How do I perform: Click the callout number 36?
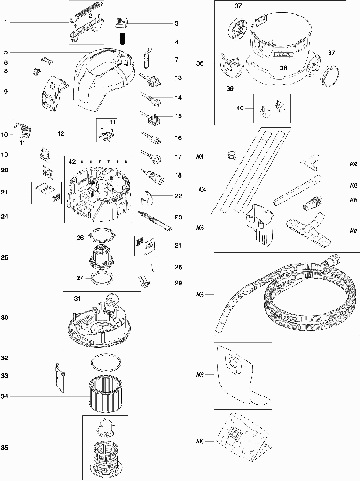coord(200,63)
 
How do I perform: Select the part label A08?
coord(200,295)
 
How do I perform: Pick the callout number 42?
coord(72,162)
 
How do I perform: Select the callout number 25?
coord(5,257)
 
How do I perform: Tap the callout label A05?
coord(353,200)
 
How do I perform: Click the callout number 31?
coord(77,299)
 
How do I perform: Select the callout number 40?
coord(240,108)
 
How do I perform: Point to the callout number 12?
coord(61,134)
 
